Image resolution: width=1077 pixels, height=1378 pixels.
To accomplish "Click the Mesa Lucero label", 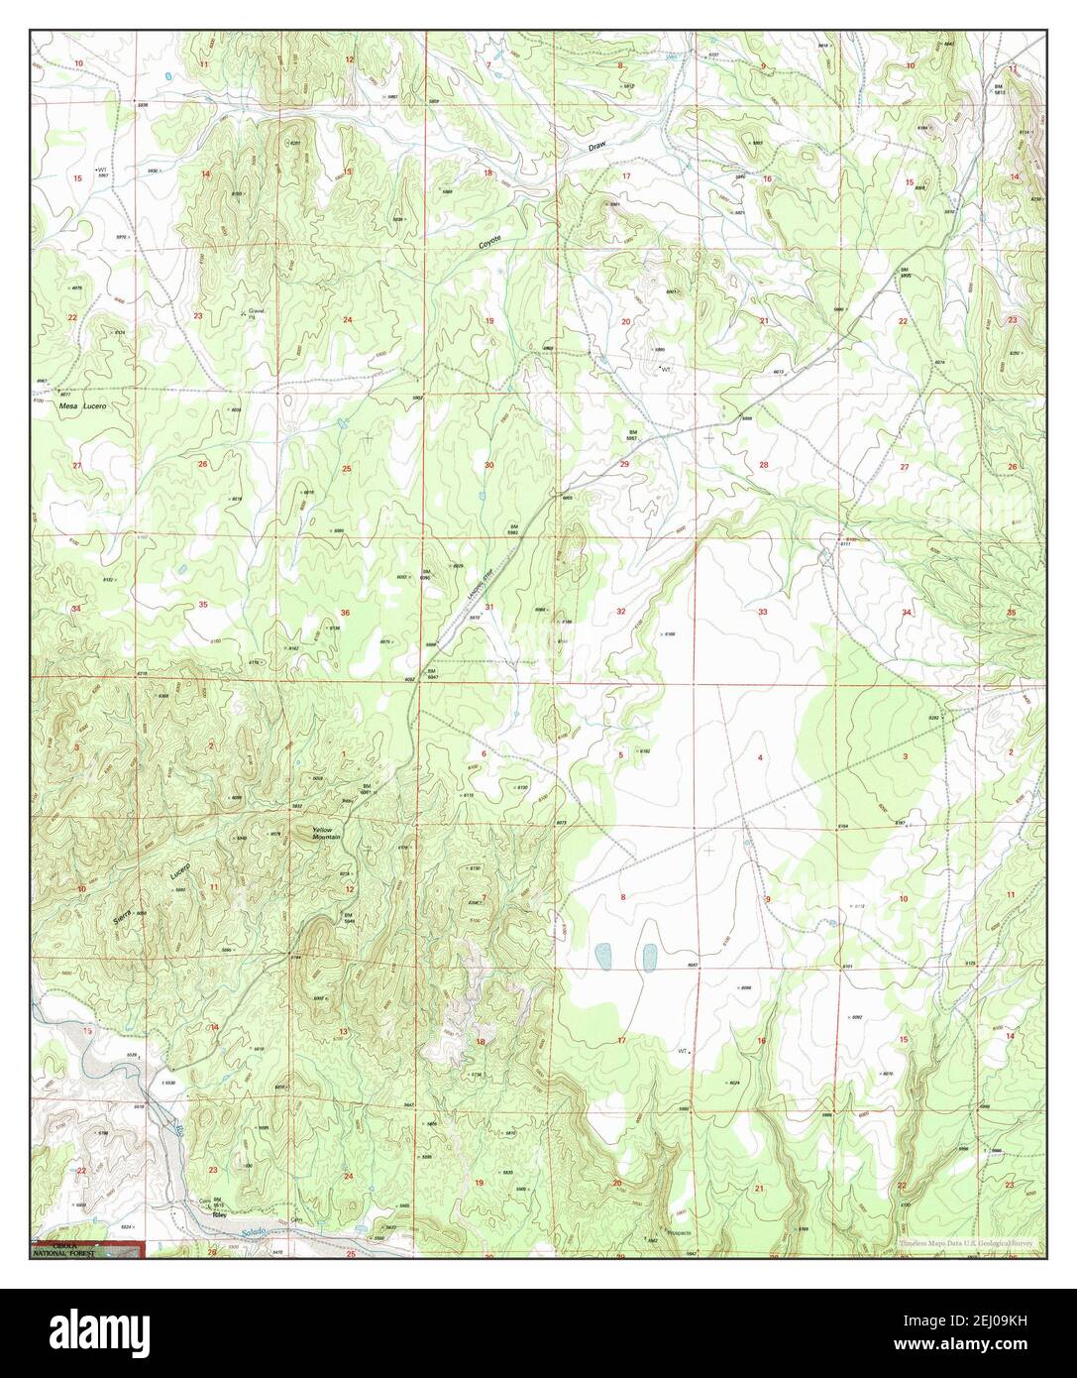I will pos(83,405).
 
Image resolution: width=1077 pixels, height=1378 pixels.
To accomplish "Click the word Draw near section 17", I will pos(594,146).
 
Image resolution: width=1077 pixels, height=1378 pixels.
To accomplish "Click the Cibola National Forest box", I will pos(87,1249).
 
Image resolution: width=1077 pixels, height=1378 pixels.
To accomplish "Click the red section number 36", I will pos(345,613).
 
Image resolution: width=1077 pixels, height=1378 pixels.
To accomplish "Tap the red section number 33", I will pos(762,613).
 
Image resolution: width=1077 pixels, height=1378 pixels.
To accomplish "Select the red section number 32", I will pos(621,612).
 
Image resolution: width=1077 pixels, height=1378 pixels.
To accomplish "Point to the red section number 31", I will pos(488,607).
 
